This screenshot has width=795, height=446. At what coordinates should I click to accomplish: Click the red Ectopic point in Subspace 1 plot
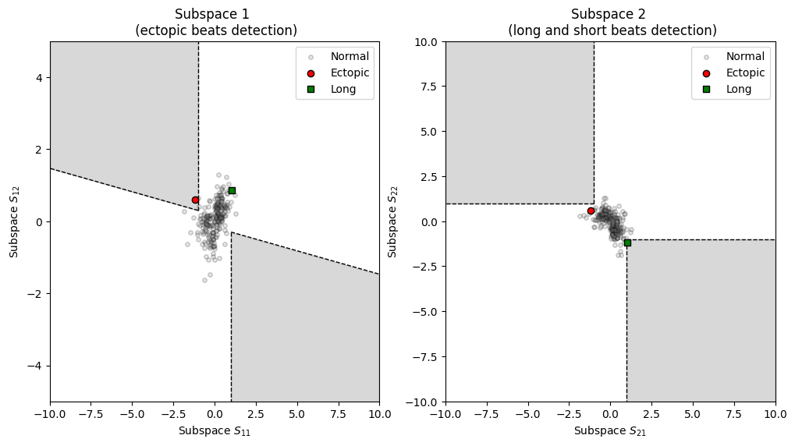195,200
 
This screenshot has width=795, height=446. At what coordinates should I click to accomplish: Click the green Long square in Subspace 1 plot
232,190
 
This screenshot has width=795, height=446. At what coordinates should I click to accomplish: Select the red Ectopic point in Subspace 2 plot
591,211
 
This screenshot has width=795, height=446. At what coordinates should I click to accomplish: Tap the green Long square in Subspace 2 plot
627,242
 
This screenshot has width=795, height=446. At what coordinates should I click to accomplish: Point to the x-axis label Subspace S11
215,431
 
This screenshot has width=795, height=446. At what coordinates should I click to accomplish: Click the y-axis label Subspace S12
14,221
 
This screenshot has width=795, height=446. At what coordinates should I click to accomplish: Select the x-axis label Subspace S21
610,431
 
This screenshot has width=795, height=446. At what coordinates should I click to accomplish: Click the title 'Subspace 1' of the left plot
215,14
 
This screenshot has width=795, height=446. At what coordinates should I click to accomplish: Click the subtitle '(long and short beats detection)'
612,31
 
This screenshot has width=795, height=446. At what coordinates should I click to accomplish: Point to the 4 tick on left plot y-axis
39,77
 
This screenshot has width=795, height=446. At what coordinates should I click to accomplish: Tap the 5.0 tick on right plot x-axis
693,412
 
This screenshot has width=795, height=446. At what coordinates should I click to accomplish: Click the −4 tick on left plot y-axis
36,366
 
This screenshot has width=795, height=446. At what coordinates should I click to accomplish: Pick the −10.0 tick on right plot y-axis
418,402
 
